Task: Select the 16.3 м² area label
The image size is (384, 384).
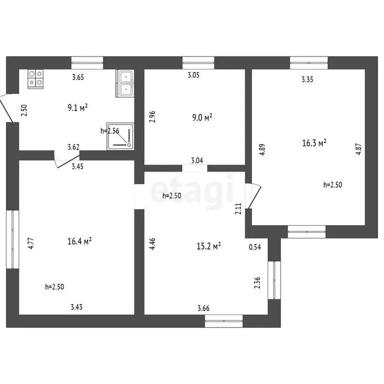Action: (x=314, y=143)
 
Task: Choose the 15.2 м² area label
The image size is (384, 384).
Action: (x=209, y=246)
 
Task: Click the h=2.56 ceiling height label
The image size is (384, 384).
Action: (x=109, y=131)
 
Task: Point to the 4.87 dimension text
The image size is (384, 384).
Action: (x=358, y=149)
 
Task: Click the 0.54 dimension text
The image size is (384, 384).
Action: (x=255, y=246)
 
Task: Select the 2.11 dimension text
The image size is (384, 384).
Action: (x=238, y=208)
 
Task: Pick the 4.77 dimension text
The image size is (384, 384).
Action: (x=30, y=243)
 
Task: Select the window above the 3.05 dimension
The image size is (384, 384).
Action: (x=198, y=62)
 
